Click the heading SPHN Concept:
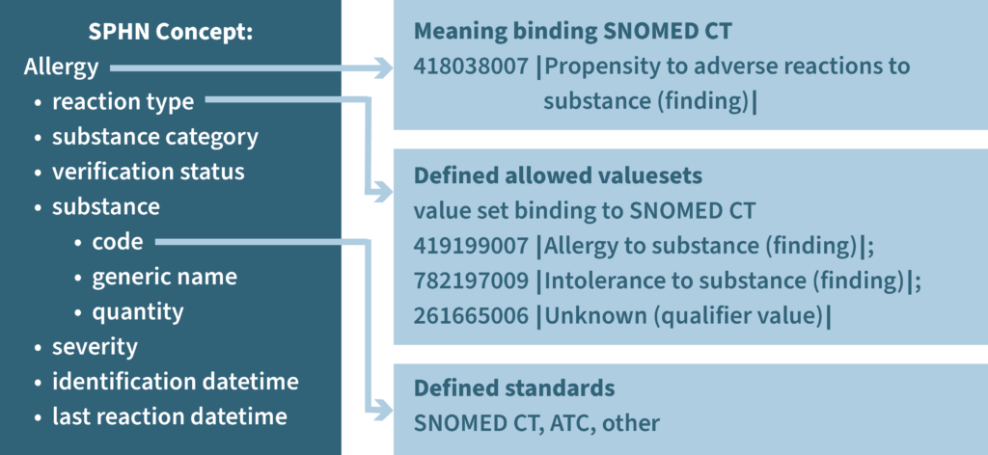[170, 32]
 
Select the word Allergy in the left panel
[61, 67]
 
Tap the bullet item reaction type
[123, 101]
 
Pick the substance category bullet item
[154, 136]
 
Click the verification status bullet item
[148, 172]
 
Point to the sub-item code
[117, 242]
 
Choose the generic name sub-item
[164, 277]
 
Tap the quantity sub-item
[137, 311]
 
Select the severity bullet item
[95, 346]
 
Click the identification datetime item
[175, 381]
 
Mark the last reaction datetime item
[169, 416]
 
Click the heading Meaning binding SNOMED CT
[572, 31]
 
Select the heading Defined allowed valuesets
[558, 176]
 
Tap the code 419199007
[470, 246]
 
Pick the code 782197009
[470, 281]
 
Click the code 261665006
[470, 315]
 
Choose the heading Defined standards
[513, 388]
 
